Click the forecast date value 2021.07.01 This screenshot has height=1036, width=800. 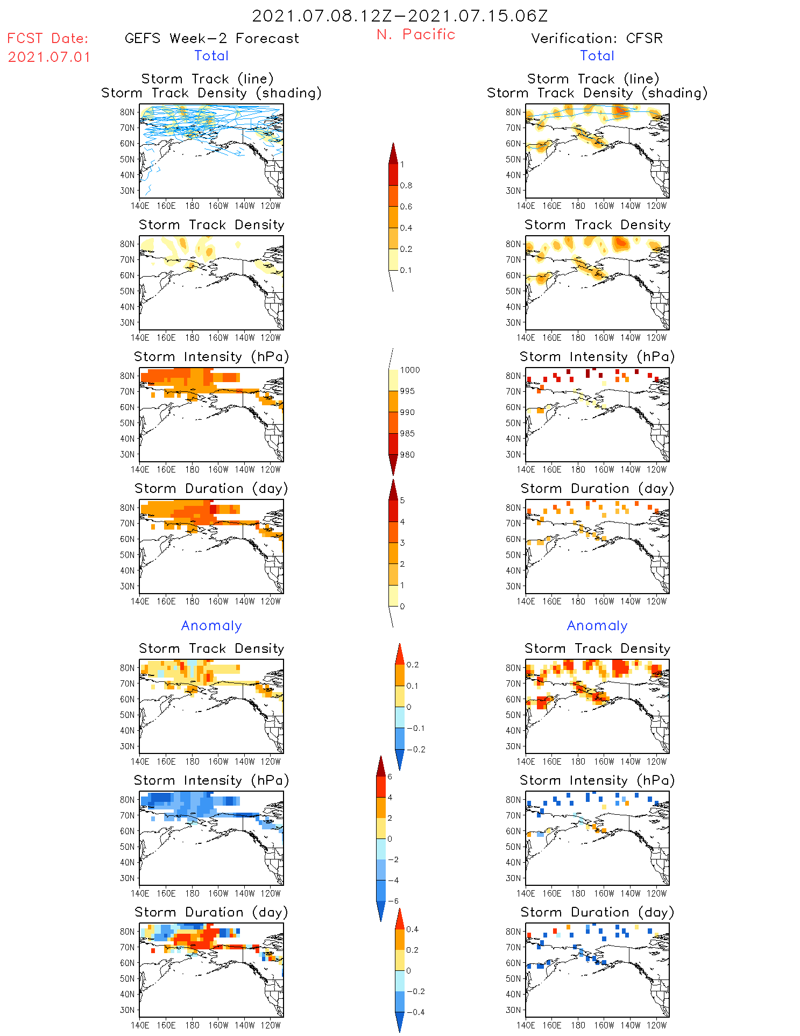(49, 57)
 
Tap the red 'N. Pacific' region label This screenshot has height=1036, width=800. (416, 34)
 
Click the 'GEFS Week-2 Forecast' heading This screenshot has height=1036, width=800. (211, 38)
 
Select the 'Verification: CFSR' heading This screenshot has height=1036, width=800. (597, 38)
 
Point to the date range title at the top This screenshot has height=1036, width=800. (400, 16)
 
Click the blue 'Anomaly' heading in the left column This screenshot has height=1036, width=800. (211, 625)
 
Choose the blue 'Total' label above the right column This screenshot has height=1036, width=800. (597, 55)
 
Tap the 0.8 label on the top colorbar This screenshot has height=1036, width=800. (406, 186)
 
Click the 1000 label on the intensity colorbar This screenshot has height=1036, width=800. (409, 370)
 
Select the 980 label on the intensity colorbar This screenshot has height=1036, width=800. (407, 455)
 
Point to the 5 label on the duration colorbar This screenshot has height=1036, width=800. (402, 501)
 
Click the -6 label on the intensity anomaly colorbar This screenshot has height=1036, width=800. (393, 901)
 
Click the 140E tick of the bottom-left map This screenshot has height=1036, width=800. (140, 1025)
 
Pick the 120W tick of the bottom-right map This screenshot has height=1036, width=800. (656, 1025)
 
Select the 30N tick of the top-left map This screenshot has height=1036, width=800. (128, 191)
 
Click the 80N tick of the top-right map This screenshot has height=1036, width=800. (513, 112)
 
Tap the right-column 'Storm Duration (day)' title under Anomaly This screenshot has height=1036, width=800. (597, 912)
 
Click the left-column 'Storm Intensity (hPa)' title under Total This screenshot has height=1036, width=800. (211, 357)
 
